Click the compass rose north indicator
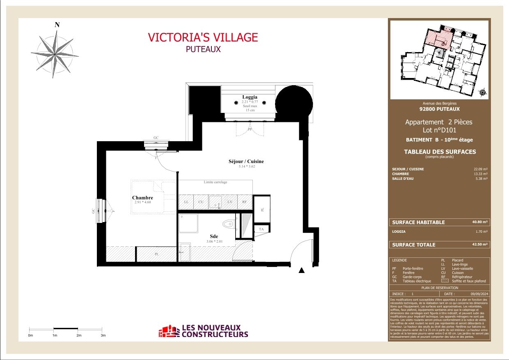click(x=57, y=25)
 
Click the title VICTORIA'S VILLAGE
click(x=203, y=37)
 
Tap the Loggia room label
click(x=250, y=97)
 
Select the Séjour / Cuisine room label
click(x=246, y=161)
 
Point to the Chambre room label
click(x=142, y=198)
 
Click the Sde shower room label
click(x=214, y=236)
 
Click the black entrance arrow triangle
click(x=302, y=270)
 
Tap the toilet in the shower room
click(x=228, y=224)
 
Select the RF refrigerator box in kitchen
click(x=244, y=202)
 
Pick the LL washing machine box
click(x=186, y=202)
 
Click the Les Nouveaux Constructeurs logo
click(x=204, y=331)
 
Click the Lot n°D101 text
click(x=439, y=130)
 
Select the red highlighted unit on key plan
click(x=437, y=39)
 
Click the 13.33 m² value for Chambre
click(x=481, y=174)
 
